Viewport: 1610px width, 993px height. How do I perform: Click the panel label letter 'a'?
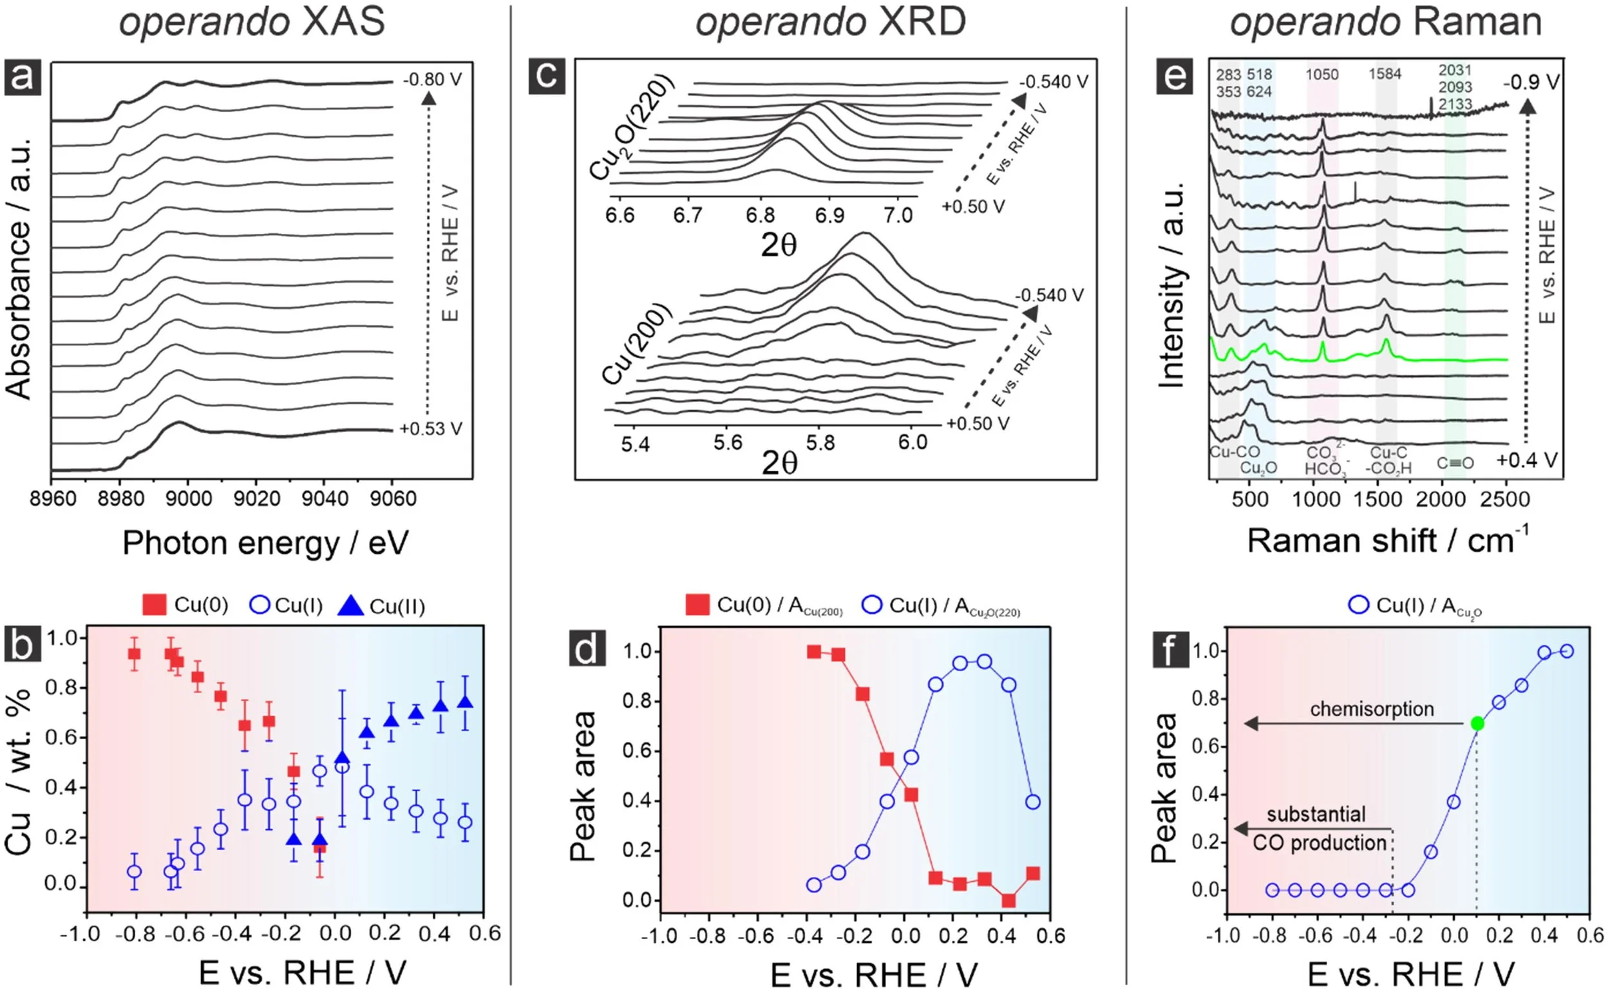[x=23, y=77]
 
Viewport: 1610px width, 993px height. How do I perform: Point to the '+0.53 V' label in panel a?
[x=431, y=429]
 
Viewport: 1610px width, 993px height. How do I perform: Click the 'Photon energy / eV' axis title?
[x=265, y=543]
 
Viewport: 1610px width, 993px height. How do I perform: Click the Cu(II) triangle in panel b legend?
[x=350, y=605]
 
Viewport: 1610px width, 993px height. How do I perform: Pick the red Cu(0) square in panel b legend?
[x=155, y=605]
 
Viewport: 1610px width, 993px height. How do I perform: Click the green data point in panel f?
[x=1477, y=724]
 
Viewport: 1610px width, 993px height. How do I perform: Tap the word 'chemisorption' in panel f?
[x=1372, y=709]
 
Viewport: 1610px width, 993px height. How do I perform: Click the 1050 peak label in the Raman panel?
[x=1321, y=75]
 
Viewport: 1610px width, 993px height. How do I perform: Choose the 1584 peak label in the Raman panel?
[x=1385, y=74]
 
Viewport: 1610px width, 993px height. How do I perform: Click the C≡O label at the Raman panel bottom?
[x=1455, y=463]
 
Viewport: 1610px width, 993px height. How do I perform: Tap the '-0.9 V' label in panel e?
[x=1531, y=82]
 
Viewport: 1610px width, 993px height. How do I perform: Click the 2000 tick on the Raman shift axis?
[x=1441, y=499]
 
